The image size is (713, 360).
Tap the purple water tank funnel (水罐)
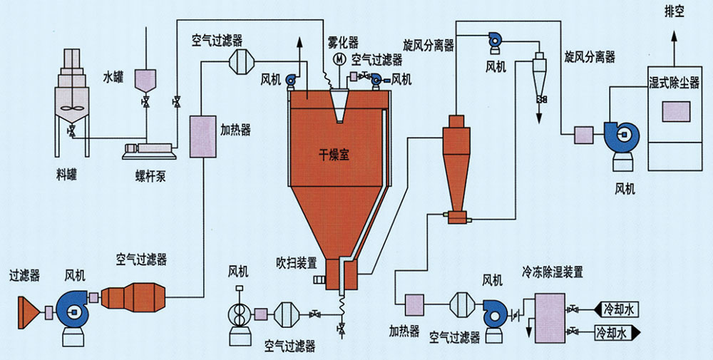pyautogui.click(x=146, y=80)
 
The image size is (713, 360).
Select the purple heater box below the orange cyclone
pyautogui.click(x=414, y=305)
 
